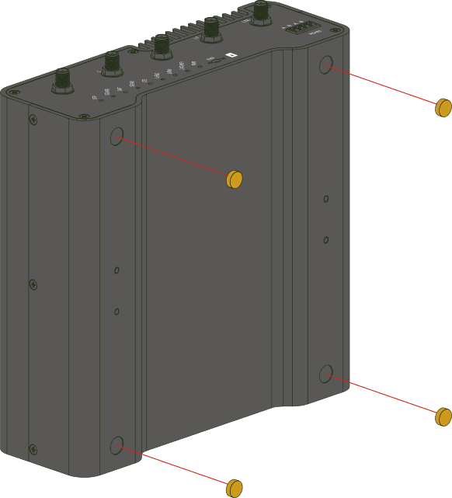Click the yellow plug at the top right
443,107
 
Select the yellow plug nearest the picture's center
235,179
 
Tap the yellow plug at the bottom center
234,488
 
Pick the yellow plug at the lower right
443,416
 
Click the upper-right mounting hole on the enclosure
326,65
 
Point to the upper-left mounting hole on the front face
117,137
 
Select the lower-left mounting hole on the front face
117,445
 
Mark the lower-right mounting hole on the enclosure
326,374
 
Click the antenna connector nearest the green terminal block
261,12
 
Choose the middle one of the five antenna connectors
161,45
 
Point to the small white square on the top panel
229,55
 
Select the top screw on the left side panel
33,120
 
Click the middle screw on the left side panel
33,284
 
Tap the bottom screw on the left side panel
33,448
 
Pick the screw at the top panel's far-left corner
14,92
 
